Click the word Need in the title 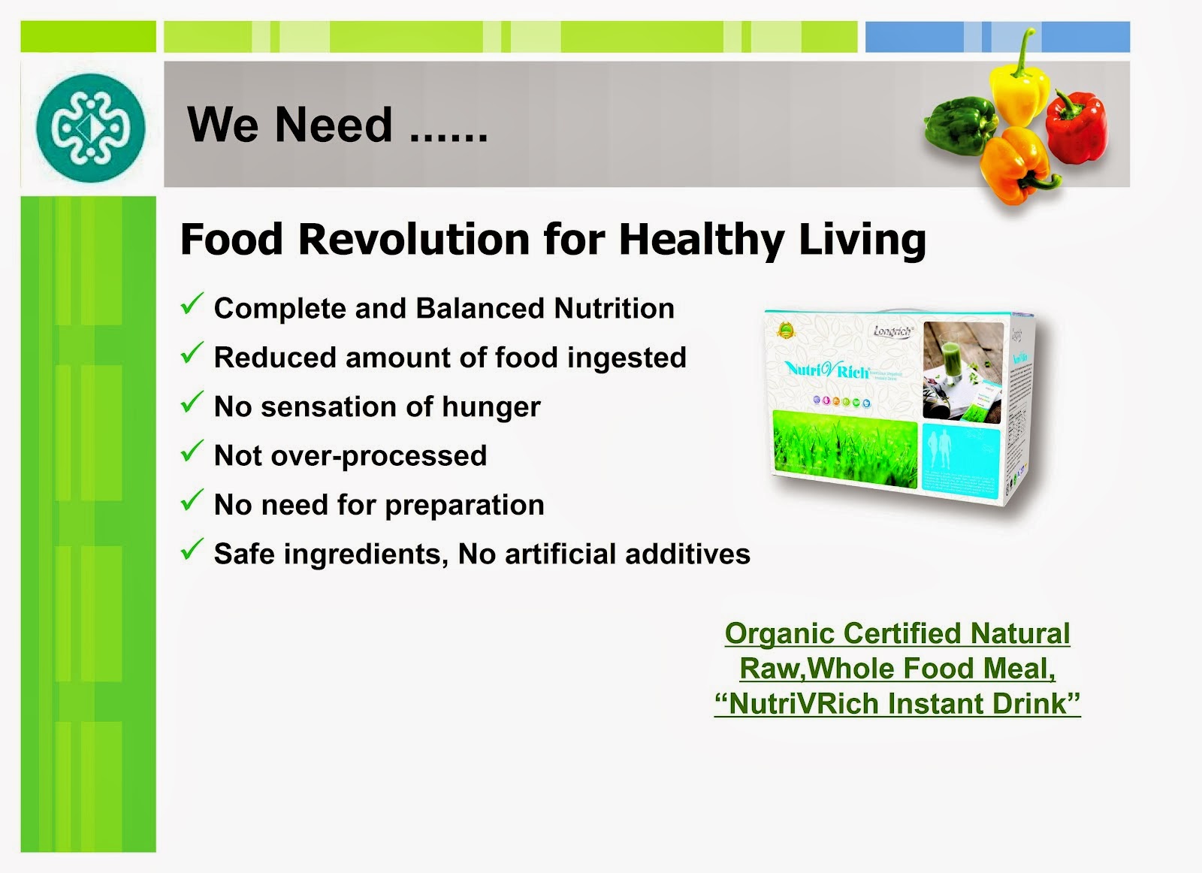tap(334, 125)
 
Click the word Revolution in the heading tap(415, 240)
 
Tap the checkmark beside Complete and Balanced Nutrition tap(192, 304)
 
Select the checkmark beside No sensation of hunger tap(192, 403)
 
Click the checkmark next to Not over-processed tap(192, 452)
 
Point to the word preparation tap(464, 506)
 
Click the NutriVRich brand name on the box tap(827, 370)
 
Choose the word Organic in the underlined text tap(779, 633)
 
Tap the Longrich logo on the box tap(892, 331)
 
